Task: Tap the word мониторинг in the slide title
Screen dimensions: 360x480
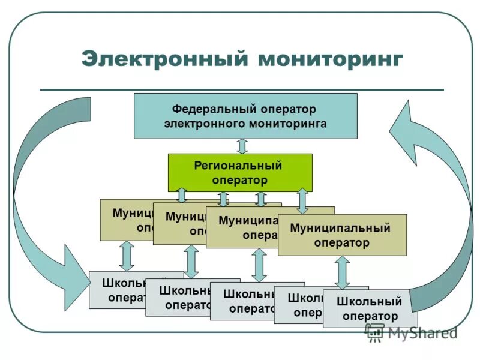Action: click(x=331, y=59)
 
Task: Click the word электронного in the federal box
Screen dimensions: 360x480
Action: click(x=202, y=124)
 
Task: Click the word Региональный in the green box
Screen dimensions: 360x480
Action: click(x=238, y=166)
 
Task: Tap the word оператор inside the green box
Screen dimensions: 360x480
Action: click(x=239, y=179)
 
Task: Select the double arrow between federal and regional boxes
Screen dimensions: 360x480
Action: click(x=242, y=146)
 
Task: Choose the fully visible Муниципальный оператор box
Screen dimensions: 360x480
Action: click(x=342, y=235)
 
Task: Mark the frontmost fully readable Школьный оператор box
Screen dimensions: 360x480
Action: click(x=369, y=308)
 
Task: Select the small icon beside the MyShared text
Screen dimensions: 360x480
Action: click(x=375, y=332)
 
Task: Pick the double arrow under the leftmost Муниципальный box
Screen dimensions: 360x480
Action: click(x=126, y=256)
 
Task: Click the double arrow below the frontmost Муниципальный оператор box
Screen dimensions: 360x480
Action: click(x=341, y=272)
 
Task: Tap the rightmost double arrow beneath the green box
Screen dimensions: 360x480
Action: click(x=302, y=201)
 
